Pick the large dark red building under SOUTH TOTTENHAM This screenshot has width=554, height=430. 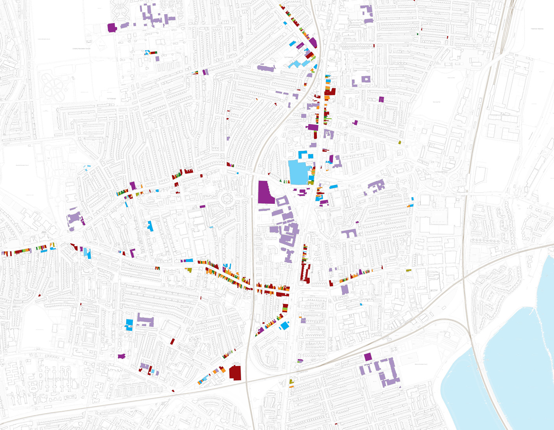tap(235, 373)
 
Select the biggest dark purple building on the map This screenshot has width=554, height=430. tap(266, 192)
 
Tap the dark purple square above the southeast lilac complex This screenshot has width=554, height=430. tap(368, 357)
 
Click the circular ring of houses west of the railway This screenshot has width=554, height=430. tap(227, 200)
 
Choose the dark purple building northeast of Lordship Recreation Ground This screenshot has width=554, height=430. tap(112, 28)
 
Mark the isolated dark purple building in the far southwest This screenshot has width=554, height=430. tap(122, 356)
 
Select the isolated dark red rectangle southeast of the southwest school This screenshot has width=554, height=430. tap(172, 341)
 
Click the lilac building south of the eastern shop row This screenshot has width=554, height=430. tap(345, 290)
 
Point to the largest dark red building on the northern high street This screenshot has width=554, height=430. tap(330, 92)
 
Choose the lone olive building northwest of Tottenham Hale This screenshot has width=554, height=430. tap(400, 142)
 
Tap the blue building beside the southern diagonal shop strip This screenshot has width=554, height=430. tap(285, 325)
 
